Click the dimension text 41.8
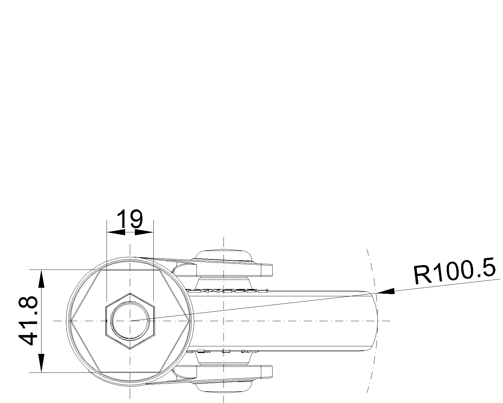(x=28, y=321)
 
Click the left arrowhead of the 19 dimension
(x=116, y=232)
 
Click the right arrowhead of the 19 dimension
(x=144, y=232)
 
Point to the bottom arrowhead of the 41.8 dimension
(x=41, y=363)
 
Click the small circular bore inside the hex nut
(x=130, y=321)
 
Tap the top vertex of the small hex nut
(x=130, y=293)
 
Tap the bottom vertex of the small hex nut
(x=130, y=349)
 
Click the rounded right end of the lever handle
(x=377, y=321)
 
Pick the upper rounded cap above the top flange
(x=224, y=255)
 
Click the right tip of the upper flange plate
(x=272, y=270)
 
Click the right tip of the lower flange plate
(x=272, y=372)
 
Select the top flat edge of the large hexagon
(x=130, y=270)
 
